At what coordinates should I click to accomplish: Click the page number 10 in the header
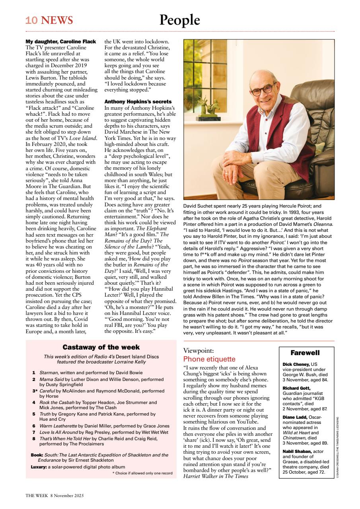tap(31, 20)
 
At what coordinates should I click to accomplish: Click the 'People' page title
tap(180, 20)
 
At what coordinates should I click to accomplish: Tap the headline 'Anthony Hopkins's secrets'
tap(138, 102)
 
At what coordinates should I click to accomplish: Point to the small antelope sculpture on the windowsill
tap(206, 109)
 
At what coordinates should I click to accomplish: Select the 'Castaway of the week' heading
tap(101, 347)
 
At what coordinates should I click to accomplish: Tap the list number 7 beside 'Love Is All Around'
tap(34, 432)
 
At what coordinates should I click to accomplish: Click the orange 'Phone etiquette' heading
tap(209, 359)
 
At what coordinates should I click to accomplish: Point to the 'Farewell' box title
tap(305, 353)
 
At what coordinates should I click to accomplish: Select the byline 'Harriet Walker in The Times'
tap(216, 476)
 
